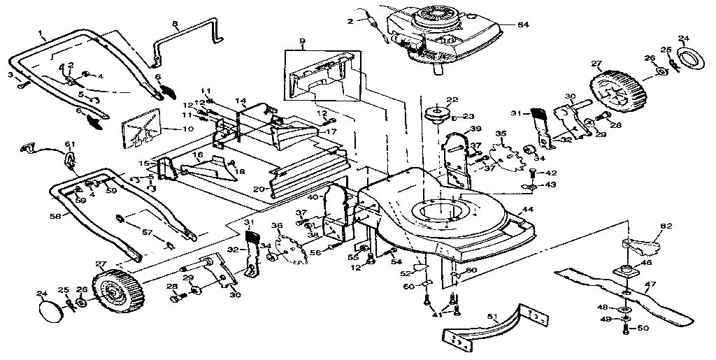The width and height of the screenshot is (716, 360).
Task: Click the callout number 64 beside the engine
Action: pos(522,26)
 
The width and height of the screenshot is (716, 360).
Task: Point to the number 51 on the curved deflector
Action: pos(493,317)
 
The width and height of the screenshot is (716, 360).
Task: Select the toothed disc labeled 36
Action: pos(291,245)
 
